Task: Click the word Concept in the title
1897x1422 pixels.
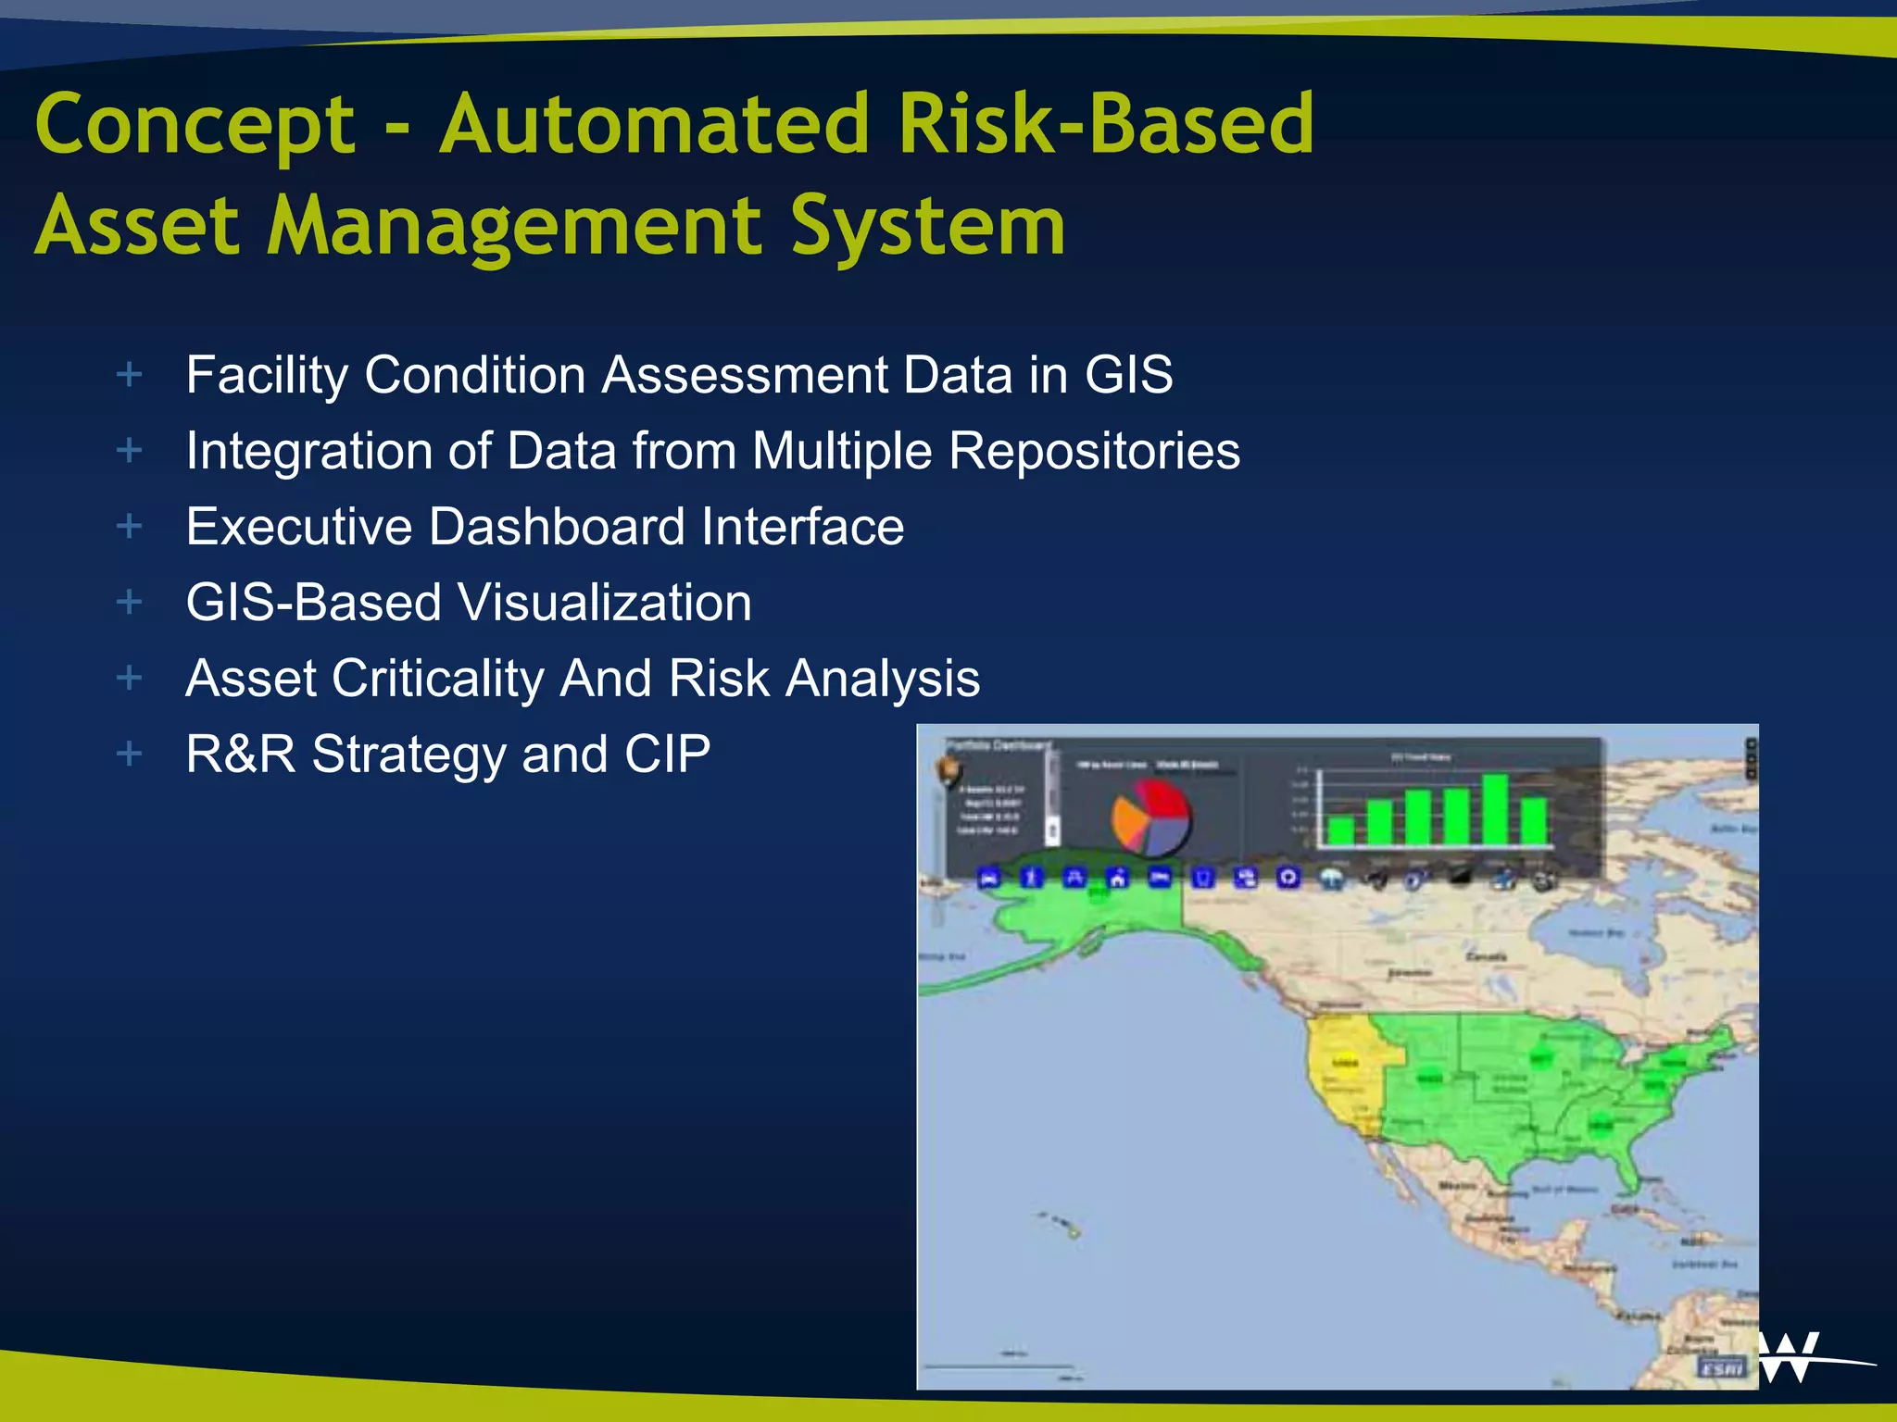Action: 195,125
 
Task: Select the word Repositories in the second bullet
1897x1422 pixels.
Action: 1094,451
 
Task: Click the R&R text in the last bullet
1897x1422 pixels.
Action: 240,754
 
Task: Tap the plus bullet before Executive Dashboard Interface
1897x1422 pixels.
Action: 130,526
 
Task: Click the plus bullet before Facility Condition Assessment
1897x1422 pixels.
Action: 130,375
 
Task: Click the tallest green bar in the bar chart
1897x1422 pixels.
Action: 1495,809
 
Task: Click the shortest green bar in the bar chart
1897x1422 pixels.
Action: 1340,829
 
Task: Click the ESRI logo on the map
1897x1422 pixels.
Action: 1721,1366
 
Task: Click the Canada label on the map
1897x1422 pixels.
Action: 1486,956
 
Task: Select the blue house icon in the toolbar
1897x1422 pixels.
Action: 1118,877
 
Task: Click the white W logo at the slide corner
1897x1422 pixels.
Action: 1790,1357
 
